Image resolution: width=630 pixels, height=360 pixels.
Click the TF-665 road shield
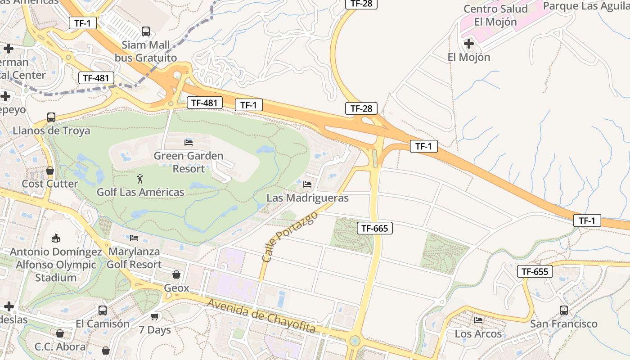click(x=374, y=228)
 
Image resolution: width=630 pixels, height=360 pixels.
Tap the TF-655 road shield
click(x=535, y=271)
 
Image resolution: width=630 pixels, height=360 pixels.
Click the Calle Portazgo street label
click(x=290, y=237)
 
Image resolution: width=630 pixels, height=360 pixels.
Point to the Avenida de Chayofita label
click(x=261, y=316)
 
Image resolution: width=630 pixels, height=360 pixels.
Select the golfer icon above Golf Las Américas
click(x=140, y=179)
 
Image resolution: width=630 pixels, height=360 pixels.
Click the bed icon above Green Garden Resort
click(x=189, y=143)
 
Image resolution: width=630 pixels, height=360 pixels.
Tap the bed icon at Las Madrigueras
click(x=307, y=184)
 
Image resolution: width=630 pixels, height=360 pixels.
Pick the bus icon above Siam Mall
click(x=146, y=31)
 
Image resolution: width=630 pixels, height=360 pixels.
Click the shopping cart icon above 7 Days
click(x=155, y=317)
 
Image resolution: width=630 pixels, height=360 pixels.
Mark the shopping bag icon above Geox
click(x=176, y=274)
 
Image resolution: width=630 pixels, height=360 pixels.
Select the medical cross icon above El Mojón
click(x=468, y=44)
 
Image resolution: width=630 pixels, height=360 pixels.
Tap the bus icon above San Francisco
click(x=563, y=310)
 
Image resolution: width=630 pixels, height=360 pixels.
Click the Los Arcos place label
click(x=478, y=334)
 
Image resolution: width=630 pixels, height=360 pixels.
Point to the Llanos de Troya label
click(x=51, y=131)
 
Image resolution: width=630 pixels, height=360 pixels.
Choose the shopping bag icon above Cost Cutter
click(x=50, y=171)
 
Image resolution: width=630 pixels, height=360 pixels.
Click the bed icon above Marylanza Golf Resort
click(x=134, y=238)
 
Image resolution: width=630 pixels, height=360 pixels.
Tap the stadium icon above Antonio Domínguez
click(x=56, y=238)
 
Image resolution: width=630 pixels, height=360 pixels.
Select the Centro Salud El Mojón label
click(x=495, y=15)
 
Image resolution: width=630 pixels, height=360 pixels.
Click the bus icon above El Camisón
click(x=103, y=310)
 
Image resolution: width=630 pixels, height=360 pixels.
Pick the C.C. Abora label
click(x=60, y=347)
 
